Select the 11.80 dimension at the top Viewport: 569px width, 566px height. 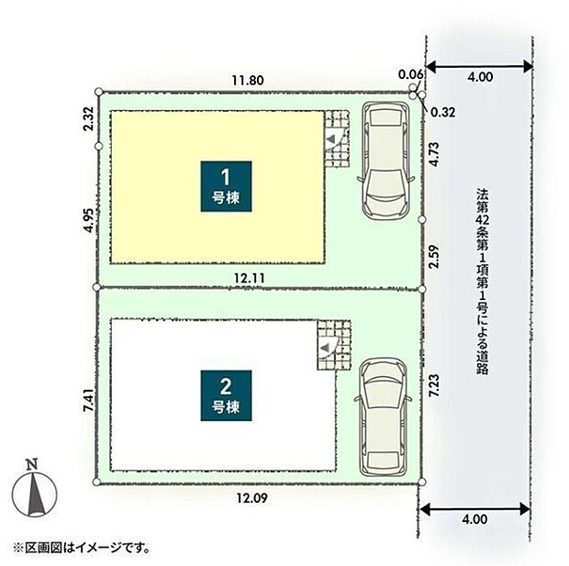coord(248,81)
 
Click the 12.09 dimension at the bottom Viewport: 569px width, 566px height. coord(250,499)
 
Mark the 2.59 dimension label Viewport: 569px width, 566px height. coord(438,255)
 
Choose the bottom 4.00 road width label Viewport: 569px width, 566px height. coord(474,520)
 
